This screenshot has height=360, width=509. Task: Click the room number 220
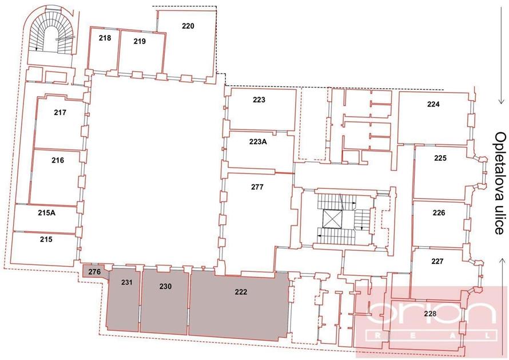(x=188, y=26)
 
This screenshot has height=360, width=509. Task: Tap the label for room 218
(x=105, y=38)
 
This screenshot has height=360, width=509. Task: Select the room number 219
(x=140, y=41)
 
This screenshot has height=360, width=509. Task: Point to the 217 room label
(x=60, y=112)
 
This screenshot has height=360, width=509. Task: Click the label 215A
(x=47, y=213)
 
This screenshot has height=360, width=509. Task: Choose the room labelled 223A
(x=258, y=142)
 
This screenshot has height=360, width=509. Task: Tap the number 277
(x=257, y=187)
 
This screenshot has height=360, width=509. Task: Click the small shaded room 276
(x=94, y=272)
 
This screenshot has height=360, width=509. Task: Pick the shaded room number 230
(x=165, y=286)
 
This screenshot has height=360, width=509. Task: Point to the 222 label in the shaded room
(x=241, y=292)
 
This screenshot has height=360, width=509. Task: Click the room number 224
(x=434, y=104)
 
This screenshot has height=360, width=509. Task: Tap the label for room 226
(x=439, y=213)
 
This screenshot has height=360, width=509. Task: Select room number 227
(x=438, y=261)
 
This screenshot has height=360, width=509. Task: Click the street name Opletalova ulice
(x=500, y=183)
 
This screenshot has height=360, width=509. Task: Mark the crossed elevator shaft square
(x=333, y=220)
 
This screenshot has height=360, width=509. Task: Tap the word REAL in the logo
(x=432, y=335)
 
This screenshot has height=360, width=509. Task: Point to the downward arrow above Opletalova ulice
(x=502, y=90)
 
